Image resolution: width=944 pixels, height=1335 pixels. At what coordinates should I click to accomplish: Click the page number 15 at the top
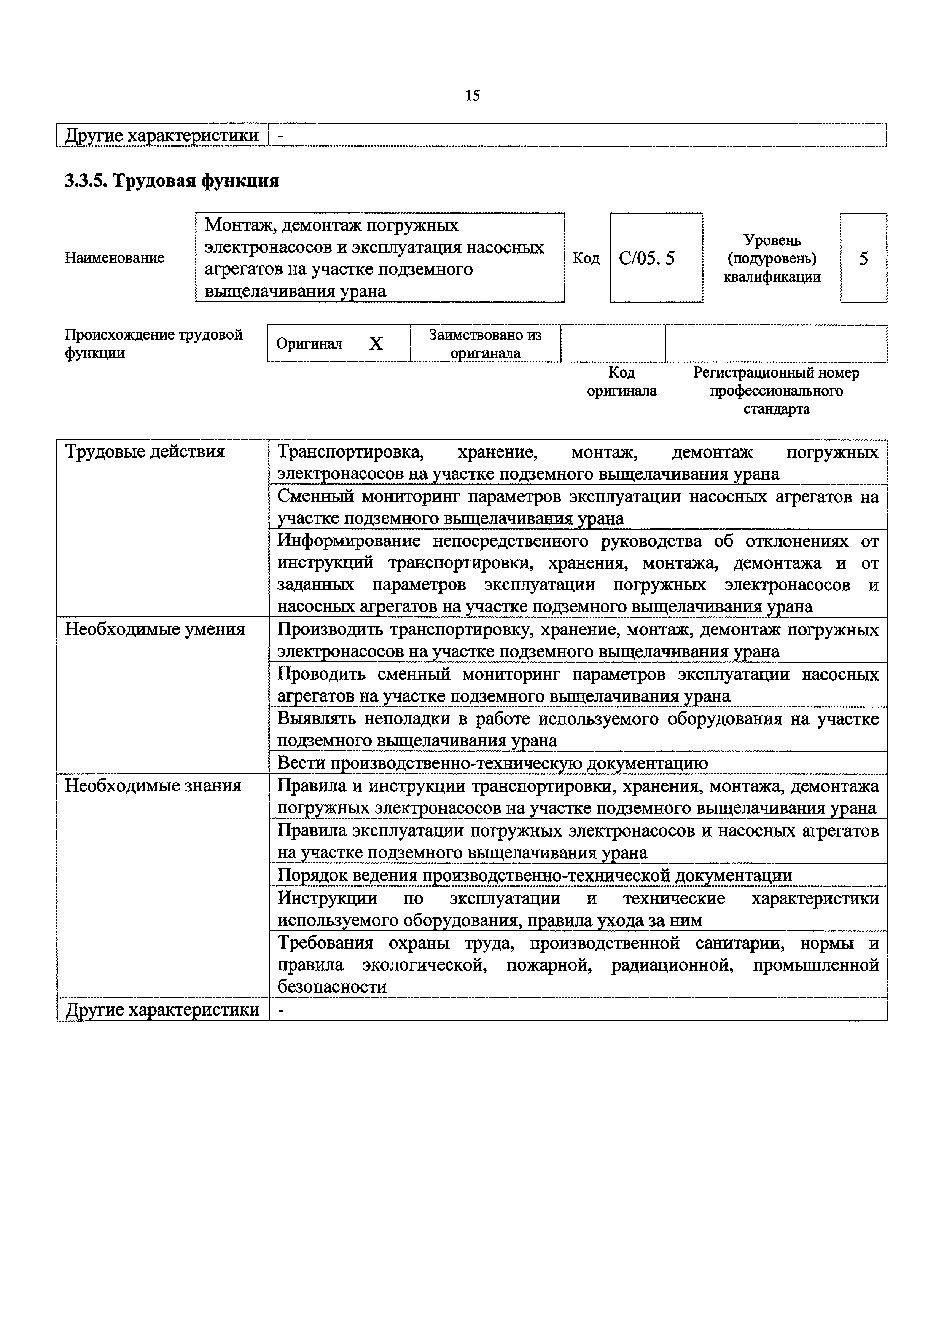pos(472,95)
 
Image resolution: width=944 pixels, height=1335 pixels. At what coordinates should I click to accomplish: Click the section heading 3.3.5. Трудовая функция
pos(172,181)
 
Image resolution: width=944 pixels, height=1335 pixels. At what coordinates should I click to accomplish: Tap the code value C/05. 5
pos(646,258)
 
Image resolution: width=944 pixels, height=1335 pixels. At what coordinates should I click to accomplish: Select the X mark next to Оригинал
pos(376,344)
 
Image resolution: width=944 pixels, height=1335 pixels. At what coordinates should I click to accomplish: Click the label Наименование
pos(115,258)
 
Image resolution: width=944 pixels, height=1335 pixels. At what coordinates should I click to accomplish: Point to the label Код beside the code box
pos(586,258)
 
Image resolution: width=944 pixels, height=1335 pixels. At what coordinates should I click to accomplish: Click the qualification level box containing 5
pos(863,258)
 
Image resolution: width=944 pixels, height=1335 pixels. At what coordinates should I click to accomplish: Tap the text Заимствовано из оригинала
pos(486,344)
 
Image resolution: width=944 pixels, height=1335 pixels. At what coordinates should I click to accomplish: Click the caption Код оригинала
pos(621,381)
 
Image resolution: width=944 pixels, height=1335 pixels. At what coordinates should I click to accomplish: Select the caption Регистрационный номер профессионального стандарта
pos(776,390)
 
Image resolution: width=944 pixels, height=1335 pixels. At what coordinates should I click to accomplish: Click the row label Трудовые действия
pos(145,452)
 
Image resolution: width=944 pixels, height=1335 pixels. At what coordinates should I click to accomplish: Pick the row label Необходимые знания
pos(153,786)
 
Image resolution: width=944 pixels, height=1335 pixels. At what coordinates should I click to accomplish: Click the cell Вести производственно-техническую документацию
pos(492,763)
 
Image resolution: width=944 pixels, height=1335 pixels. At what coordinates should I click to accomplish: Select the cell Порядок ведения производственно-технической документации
pos(534,875)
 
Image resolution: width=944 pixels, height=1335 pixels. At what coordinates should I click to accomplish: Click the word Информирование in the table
pos(349,541)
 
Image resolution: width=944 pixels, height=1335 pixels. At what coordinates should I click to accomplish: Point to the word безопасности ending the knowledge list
pos(332,987)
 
